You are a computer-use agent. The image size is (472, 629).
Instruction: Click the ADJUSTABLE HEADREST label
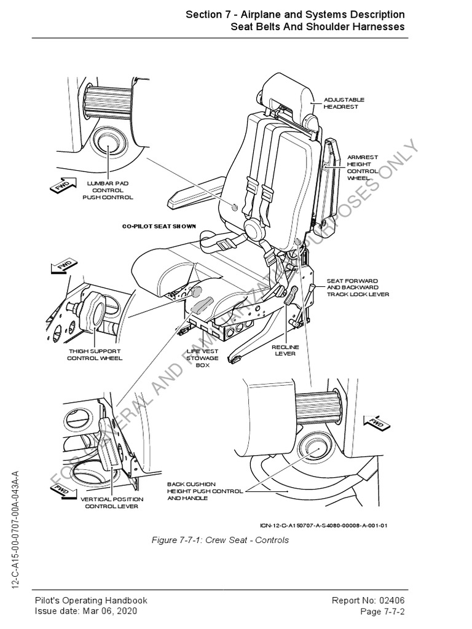pos(344,103)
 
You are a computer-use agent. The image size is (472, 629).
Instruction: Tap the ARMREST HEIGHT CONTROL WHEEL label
pos(360,167)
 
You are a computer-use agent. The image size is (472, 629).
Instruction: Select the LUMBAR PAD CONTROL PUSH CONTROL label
pos(108,190)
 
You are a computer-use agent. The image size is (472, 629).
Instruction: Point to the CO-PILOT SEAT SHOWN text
pos(159,226)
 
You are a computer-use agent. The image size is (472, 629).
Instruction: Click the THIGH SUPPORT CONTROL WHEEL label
pos(95,354)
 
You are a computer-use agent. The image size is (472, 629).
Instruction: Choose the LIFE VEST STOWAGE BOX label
pos(202,358)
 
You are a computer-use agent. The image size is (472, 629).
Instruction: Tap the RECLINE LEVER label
pos(284,350)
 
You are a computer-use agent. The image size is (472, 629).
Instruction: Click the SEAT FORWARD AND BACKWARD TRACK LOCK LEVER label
pos(357,287)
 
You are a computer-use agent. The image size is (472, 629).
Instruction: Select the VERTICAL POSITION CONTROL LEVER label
pos(112,503)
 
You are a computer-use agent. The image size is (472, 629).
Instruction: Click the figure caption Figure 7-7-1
pos(220,541)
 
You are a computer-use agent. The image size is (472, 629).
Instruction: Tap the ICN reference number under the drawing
pos(323,525)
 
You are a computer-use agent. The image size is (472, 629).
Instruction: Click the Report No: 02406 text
pos(368,601)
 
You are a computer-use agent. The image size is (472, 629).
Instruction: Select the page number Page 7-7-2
pos(382,612)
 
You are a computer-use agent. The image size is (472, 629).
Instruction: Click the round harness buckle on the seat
pos(253,229)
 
